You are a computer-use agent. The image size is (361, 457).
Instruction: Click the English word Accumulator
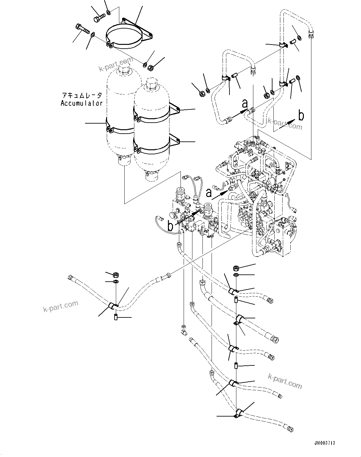[82, 103]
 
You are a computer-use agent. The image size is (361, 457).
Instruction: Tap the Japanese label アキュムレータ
[82, 95]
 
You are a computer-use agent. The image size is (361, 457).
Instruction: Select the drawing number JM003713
[324, 443]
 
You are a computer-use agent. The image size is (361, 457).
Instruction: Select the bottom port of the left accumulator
[124, 161]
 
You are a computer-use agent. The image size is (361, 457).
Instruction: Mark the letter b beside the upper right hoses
[301, 116]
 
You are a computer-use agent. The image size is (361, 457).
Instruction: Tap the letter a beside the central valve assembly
[208, 192]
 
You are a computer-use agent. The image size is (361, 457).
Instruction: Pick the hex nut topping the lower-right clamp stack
[236, 268]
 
